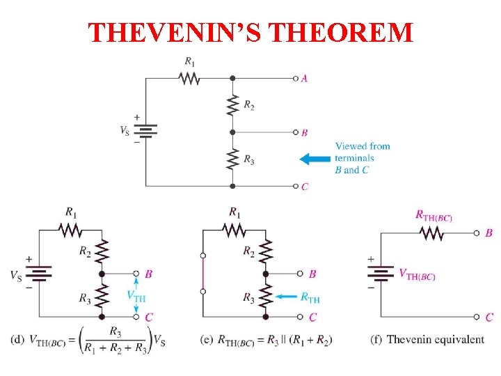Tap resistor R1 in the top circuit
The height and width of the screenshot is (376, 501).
pyautogui.click(x=189, y=78)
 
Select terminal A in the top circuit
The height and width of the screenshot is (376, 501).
pyautogui.click(x=296, y=78)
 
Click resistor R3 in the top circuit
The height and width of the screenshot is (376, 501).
pyautogui.click(x=232, y=159)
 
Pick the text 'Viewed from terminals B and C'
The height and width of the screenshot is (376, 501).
pyautogui.click(x=362, y=158)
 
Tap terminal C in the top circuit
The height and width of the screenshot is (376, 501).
pyautogui.click(x=296, y=186)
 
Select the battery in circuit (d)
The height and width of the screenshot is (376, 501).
pyautogui.click(x=39, y=274)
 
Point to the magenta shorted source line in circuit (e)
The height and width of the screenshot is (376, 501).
pyautogui.click(x=203, y=274)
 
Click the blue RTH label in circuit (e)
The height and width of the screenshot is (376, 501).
pyautogui.click(x=310, y=299)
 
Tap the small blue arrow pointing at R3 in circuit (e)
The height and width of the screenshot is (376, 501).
pyautogui.click(x=286, y=297)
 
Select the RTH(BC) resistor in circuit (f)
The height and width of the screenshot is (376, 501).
pyautogui.click(x=432, y=233)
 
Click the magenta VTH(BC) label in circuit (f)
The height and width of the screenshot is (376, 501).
pyautogui.click(x=417, y=275)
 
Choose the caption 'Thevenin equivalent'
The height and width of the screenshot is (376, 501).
pyautogui.click(x=436, y=339)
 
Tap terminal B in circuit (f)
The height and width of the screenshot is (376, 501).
pyautogui.click(x=477, y=233)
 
